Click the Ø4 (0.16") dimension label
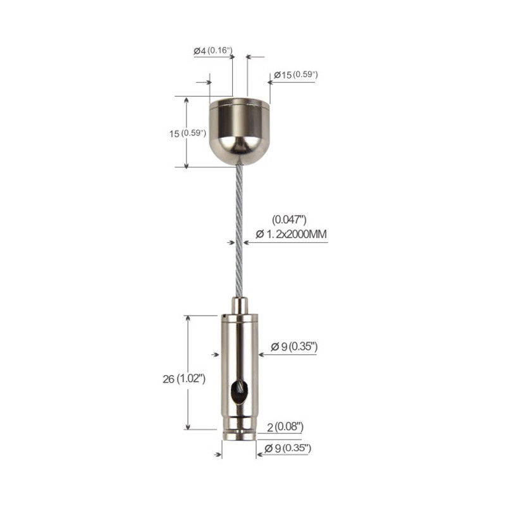coord(213,51)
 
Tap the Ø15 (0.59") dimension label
coord(296,75)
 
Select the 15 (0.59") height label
coord(187,133)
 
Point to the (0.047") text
coord(289,219)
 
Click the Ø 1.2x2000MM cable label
coord(291,234)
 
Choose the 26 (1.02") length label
coord(184,378)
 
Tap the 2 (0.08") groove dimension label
coord(285,427)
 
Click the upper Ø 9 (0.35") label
coord(294,347)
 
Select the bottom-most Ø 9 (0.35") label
coord(288,448)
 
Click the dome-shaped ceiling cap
coord(240,132)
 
